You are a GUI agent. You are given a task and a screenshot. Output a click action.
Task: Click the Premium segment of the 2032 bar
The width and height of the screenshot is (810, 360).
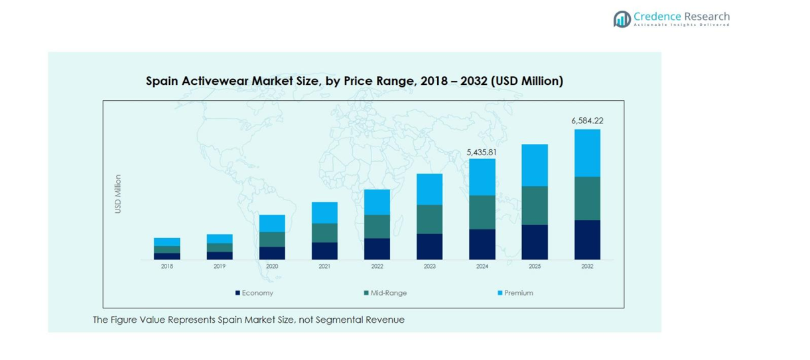click(x=587, y=153)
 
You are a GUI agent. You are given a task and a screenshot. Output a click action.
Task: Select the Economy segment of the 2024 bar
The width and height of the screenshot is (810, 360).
click(x=482, y=244)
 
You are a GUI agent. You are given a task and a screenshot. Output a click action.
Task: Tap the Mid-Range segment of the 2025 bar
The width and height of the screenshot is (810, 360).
click(x=535, y=206)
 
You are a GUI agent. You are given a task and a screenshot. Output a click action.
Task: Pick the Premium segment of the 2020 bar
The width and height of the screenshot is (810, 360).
click(x=272, y=223)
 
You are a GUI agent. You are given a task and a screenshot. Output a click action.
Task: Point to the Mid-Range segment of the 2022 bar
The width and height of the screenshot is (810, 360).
click(x=377, y=227)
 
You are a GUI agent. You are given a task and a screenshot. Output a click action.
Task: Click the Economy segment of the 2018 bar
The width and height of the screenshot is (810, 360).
click(x=167, y=256)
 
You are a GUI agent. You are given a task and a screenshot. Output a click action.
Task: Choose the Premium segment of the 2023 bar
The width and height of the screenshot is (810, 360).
click(x=429, y=190)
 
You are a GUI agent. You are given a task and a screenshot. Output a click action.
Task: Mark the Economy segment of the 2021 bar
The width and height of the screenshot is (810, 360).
click(x=324, y=251)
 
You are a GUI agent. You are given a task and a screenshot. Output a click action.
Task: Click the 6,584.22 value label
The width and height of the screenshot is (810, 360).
click(x=587, y=121)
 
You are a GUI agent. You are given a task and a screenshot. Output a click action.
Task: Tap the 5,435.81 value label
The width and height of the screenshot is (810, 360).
click(x=482, y=152)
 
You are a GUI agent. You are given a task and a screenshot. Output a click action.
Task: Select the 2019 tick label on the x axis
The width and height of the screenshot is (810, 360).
click(x=220, y=267)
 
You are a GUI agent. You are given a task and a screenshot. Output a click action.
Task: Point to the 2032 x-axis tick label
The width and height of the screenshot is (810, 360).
click(x=587, y=267)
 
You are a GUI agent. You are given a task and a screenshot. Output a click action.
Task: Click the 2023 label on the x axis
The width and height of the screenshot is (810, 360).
click(x=429, y=267)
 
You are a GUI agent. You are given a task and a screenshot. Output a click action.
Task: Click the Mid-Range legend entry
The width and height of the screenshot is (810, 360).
click(x=389, y=293)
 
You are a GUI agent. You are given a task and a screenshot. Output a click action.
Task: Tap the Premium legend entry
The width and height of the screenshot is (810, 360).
click(x=518, y=293)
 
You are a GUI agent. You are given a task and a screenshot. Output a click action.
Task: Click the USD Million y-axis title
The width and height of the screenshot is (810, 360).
click(x=118, y=194)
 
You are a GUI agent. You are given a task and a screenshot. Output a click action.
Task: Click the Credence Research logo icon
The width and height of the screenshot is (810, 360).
click(x=622, y=19)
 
